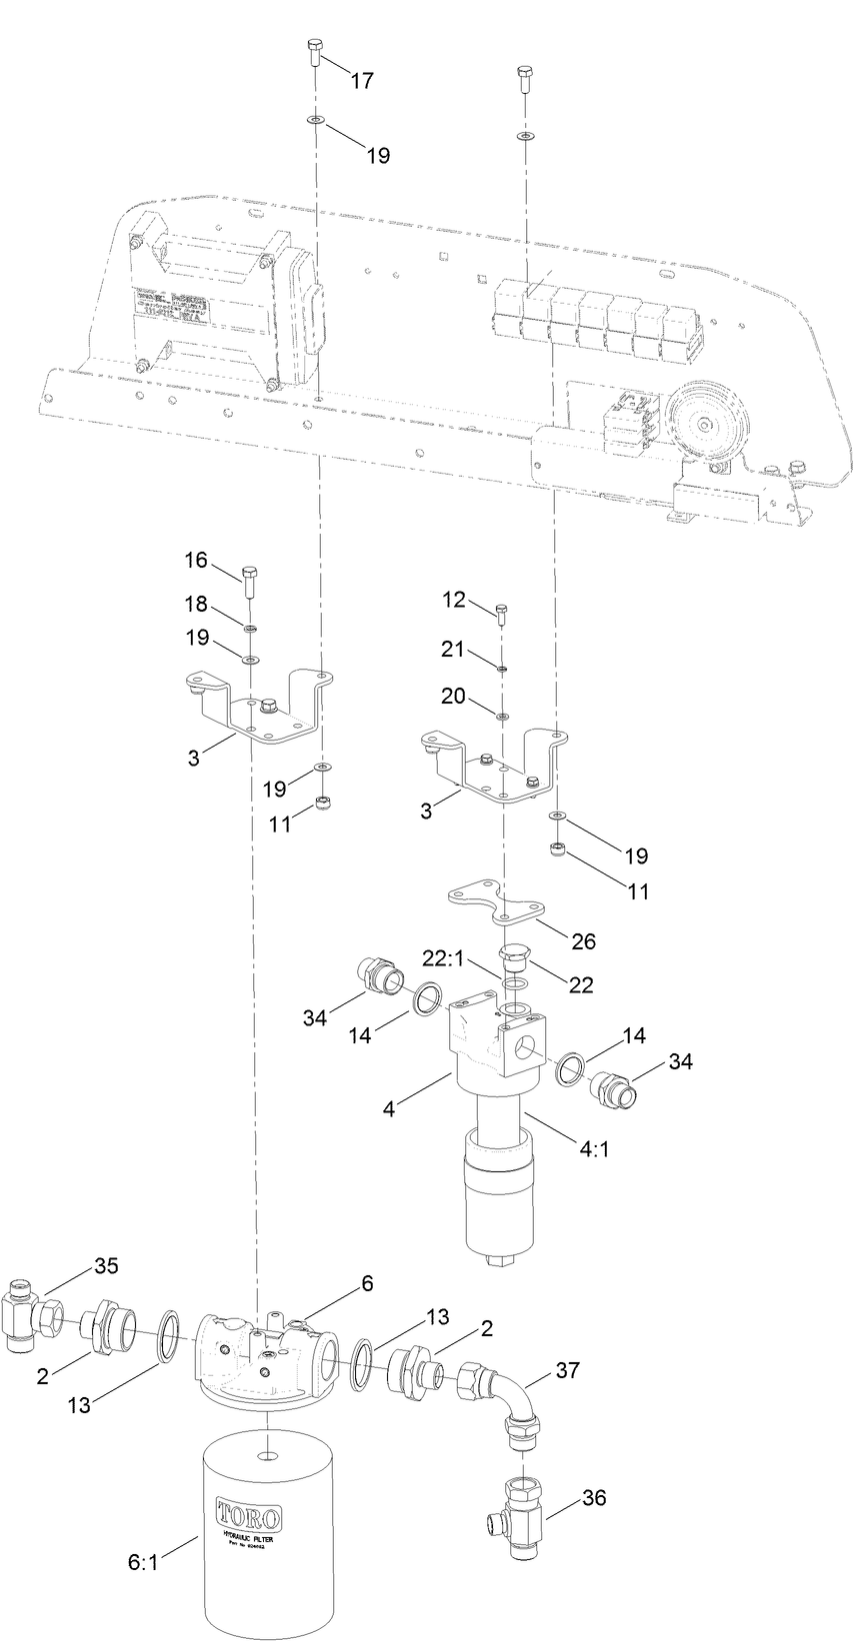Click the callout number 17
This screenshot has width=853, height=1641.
click(361, 81)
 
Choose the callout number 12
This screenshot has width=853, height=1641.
click(454, 599)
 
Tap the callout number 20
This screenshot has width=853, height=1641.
click(454, 696)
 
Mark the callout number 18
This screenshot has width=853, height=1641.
click(196, 605)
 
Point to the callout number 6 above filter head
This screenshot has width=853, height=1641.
click(367, 1283)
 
